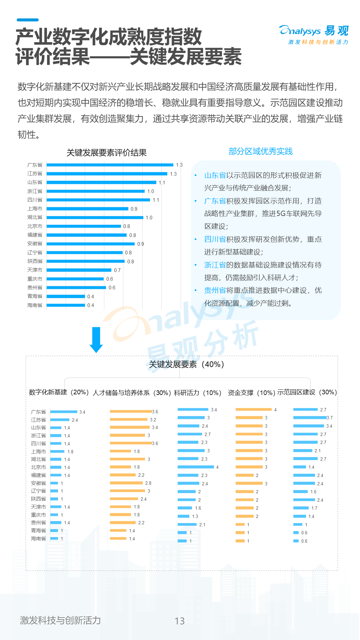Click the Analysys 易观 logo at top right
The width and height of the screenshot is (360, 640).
click(x=314, y=34)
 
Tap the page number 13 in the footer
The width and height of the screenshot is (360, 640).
click(x=179, y=621)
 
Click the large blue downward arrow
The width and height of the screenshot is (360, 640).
click(x=96, y=340)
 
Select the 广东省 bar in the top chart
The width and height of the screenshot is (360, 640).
click(x=110, y=165)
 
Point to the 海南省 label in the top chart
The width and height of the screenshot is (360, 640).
click(x=35, y=305)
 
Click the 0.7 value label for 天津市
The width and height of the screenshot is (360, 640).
click(x=117, y=270)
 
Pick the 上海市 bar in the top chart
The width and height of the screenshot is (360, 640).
click(x=87, y=209)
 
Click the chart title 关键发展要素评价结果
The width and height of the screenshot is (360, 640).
click(x=107, y=153)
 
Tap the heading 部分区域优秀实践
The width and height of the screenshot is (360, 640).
click(x=260, y=151)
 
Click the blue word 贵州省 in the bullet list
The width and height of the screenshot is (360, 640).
click(x=215, y=290)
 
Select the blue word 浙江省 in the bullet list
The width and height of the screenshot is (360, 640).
click(x=215, y=265)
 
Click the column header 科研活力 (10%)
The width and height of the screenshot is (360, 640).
click(x=197, y=393)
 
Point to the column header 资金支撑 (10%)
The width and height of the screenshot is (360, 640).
click(x=251, y=393)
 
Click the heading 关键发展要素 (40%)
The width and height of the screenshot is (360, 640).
click(x=186, y=364)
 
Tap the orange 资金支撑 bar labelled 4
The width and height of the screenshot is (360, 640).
click(x=253, y=409)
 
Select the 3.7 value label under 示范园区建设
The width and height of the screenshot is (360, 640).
click(x=330, y=418)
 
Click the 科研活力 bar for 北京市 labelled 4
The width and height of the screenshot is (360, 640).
click(x=196, y=467)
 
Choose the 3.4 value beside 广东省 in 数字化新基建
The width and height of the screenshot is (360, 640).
click(x=82, y=412)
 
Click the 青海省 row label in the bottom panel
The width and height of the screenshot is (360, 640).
click(x=38, y=531)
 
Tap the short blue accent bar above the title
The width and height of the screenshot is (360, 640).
click(x=28, y=20)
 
